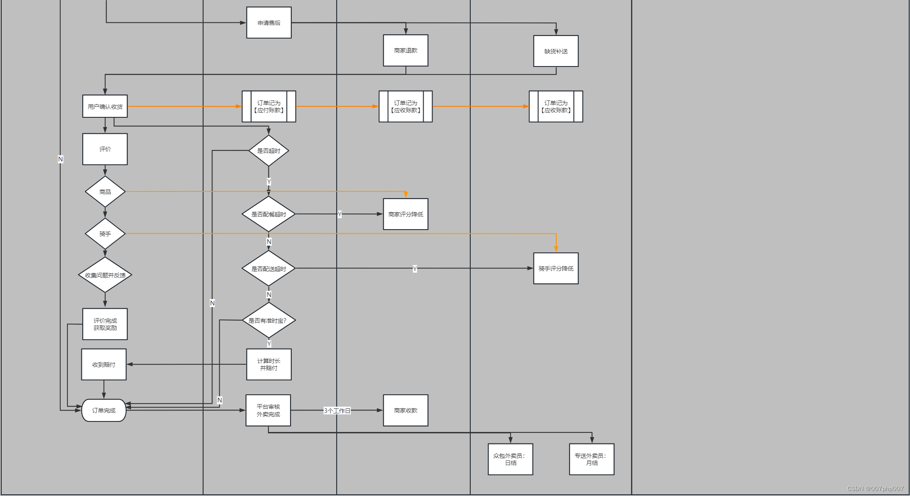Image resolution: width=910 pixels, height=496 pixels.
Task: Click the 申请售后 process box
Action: [269, 23]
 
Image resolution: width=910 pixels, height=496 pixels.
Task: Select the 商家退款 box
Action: [405, 50]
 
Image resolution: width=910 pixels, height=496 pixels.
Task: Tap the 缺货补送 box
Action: [555, 51]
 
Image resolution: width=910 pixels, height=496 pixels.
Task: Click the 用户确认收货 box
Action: [105, 106]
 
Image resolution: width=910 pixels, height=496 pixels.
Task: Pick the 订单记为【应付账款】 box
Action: [269, 106]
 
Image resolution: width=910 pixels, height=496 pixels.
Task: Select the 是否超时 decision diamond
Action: [268, 151]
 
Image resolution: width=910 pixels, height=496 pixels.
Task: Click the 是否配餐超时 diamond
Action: [268, 214]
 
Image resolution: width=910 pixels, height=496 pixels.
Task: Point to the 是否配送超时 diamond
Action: [268, 269]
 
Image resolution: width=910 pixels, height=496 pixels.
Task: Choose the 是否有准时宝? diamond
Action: [268, 320]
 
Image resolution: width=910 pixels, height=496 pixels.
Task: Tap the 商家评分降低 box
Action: [405, 214]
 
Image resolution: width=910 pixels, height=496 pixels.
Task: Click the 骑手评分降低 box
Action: [555, 269]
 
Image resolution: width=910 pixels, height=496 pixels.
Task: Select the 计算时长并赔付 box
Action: [269, 364]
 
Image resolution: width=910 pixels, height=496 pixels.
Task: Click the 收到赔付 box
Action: [104, 364]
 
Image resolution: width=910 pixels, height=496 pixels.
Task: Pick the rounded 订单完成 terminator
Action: [104, 410]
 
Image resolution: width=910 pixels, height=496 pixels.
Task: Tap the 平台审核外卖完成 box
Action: [268, 410]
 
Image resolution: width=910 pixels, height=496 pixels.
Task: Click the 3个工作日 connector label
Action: [337, 411]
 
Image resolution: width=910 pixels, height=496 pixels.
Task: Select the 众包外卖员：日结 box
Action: [510, 459]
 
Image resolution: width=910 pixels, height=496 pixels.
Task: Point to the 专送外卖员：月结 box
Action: [592, 459]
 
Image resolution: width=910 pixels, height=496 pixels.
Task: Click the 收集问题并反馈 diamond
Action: [105, 275]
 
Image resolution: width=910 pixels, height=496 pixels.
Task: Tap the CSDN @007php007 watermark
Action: [875, 489]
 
